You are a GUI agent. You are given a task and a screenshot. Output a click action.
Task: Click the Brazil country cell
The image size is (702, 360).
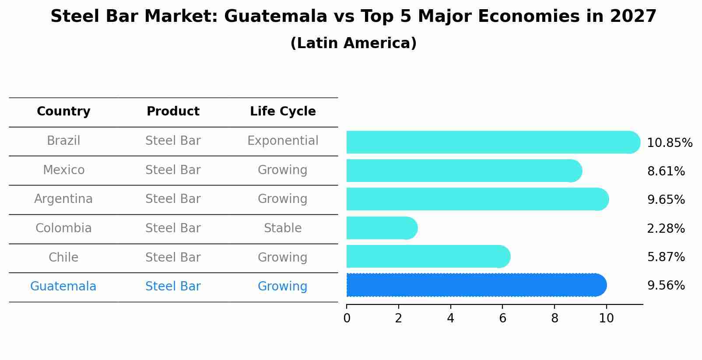pyautogui.click(x=63, y=141)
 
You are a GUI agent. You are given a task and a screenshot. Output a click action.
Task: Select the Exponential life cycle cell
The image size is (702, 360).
pyautogui.click(x=283, y=141)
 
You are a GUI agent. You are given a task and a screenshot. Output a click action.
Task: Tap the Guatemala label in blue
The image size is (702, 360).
pyautogui.click(x=63, y=287)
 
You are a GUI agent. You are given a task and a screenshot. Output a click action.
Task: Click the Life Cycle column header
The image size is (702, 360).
pyautogui.click(x=283, y=112)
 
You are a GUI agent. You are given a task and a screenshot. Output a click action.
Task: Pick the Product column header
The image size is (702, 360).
pyautogui.click(x=173, y=112)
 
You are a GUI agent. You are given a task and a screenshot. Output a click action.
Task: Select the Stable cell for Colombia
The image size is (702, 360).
pyautogui.click(x=283, y=228)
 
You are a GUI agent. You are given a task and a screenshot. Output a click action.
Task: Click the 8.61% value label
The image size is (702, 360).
pyautogui.click(x=666, y=171)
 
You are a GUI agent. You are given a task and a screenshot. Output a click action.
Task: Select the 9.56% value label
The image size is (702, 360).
pyautogui.click(x=666, y=286)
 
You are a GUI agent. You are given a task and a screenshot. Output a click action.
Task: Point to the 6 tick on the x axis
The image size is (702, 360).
pyautogui.click(x=502, y=318)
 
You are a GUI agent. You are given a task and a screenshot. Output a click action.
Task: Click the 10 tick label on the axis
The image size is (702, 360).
pyautogui.click(x=606, y=318)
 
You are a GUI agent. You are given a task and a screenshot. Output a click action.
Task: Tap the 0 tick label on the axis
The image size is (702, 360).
pyautogui.click(x=347, y=318)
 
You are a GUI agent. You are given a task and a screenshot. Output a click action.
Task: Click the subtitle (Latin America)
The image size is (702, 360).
pyautogui.click(x=353, y=43)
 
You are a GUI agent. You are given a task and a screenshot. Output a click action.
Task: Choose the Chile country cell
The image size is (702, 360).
pyautogui.click(x=63, y=258)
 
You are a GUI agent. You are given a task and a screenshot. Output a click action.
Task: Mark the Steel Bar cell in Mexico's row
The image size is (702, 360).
pyautogui.click(x=173, y=170)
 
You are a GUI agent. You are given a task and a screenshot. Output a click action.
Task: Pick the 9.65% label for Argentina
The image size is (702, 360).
pyautogui.click(x=666, y=200)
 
